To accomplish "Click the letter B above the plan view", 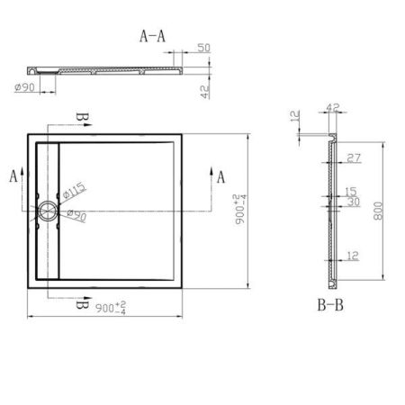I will pyautogui.click(x=81, y=119).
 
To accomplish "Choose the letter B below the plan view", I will pyautogui.click(x=81, y=306).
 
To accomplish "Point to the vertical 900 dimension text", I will pyautogui.click(x=238, y=211).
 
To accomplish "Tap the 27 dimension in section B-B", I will pyautogui.click(x=352, y=158).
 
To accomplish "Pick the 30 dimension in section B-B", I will pyautogui.click(x=351, y=202).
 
